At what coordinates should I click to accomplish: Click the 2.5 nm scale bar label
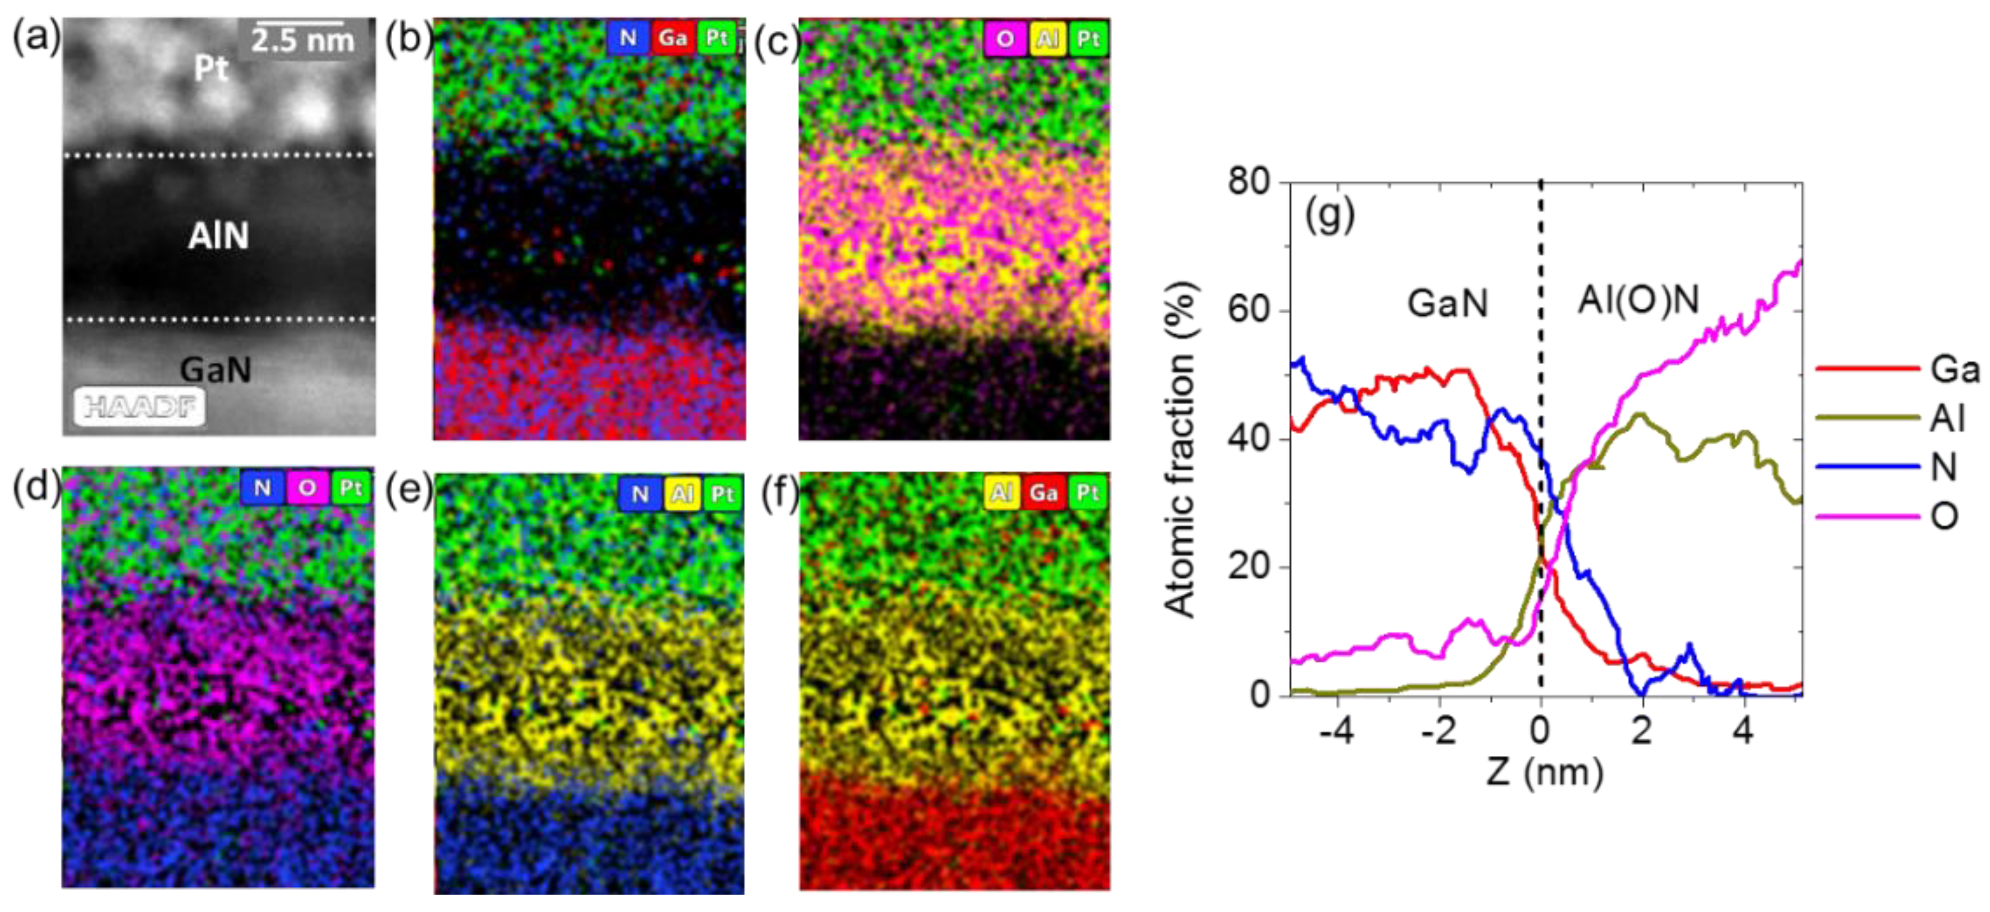[303, 40]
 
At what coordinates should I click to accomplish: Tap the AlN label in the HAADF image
[219, 236]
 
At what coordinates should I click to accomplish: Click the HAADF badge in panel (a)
[140, 406]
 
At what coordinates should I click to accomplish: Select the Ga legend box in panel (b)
[672, 38]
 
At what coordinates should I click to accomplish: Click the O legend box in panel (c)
[1004, 39]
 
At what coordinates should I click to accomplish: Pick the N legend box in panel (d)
[262, 488]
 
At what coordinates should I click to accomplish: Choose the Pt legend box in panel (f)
[1088, 492]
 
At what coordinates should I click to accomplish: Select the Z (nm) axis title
[1544, 771]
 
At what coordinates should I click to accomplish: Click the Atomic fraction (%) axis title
[1180, 448]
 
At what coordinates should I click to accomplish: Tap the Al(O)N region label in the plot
[1638, 300]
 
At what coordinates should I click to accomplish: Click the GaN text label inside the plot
[1447, 303]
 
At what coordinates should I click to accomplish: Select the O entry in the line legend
[1944, 515]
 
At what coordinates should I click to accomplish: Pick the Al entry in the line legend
[1947, 418]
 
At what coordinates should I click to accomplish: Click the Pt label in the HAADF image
[211, 69]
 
